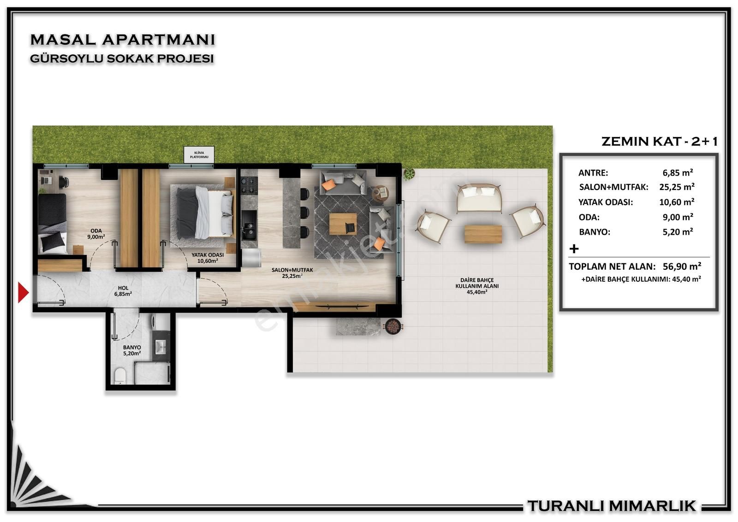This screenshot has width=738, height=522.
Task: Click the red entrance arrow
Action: pos(23,292)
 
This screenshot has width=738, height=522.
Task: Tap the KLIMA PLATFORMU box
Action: pos(199,155)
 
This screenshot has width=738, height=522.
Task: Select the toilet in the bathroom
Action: pos(120,376)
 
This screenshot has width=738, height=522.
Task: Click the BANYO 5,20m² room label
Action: pos(132,350)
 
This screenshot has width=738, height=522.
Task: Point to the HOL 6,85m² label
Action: pos(123,291)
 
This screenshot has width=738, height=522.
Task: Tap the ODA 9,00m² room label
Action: pos(96,234)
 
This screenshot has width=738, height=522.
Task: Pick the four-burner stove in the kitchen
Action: pos(249,186)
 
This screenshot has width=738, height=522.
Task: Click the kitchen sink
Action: pos(249,229)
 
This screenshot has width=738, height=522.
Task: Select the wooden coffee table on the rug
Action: pos(343,224)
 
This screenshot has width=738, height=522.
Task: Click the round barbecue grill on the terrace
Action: pos(393,326)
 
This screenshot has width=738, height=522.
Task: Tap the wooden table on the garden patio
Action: pos(483,234)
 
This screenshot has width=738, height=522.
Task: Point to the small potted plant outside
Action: pos(409,173)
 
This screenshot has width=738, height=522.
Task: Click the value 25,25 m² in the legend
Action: pos(677,187)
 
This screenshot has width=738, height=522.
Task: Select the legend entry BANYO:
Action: pos(595,232)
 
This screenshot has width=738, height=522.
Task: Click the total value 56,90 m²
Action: pos(682,266)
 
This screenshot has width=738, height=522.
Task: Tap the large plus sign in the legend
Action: pos(574,249)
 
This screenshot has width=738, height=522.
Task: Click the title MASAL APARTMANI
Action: pos(123,40)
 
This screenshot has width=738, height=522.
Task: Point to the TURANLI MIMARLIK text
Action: pos(612,506)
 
